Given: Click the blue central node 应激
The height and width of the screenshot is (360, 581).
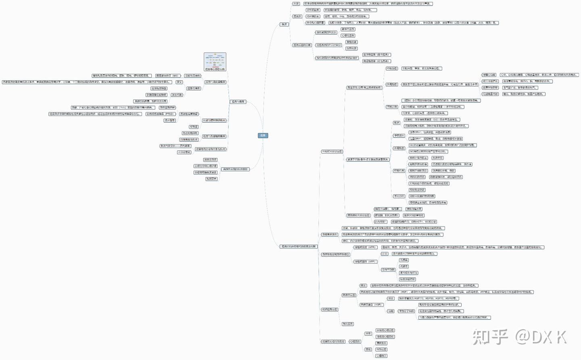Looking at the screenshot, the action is tap(263, 135).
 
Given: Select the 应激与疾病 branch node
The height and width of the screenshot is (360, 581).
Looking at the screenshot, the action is tap(238, 102).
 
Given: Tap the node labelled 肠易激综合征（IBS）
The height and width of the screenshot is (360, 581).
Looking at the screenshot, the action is tap(167, 76).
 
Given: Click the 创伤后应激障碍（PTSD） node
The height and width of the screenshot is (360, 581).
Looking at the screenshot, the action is tap(160, 114).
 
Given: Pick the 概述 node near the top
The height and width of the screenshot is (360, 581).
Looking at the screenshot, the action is tap(284, 25).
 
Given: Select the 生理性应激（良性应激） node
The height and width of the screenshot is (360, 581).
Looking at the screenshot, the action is tap(376, 54).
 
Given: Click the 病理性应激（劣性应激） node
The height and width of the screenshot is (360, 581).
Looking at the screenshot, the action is tap(376, 61).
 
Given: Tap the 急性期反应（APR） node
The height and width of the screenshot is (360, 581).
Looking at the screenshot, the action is tap(365, 247).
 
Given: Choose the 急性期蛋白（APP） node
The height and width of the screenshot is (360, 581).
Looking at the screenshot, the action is tap(365, 262).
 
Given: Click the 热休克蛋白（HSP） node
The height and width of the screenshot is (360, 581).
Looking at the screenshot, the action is tap(371, 305).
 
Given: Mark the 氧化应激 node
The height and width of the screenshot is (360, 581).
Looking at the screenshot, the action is tap(347, 324).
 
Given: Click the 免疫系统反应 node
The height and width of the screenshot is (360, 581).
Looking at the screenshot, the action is tap(329, 235).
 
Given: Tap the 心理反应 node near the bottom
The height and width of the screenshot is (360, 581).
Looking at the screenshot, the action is tap(355, 341).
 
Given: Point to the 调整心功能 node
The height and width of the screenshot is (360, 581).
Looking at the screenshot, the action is tap(489, 75).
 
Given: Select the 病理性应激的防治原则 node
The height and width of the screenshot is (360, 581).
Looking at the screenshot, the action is tap(235, 169).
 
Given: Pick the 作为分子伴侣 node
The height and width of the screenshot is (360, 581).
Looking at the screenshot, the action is tap(406, 311).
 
